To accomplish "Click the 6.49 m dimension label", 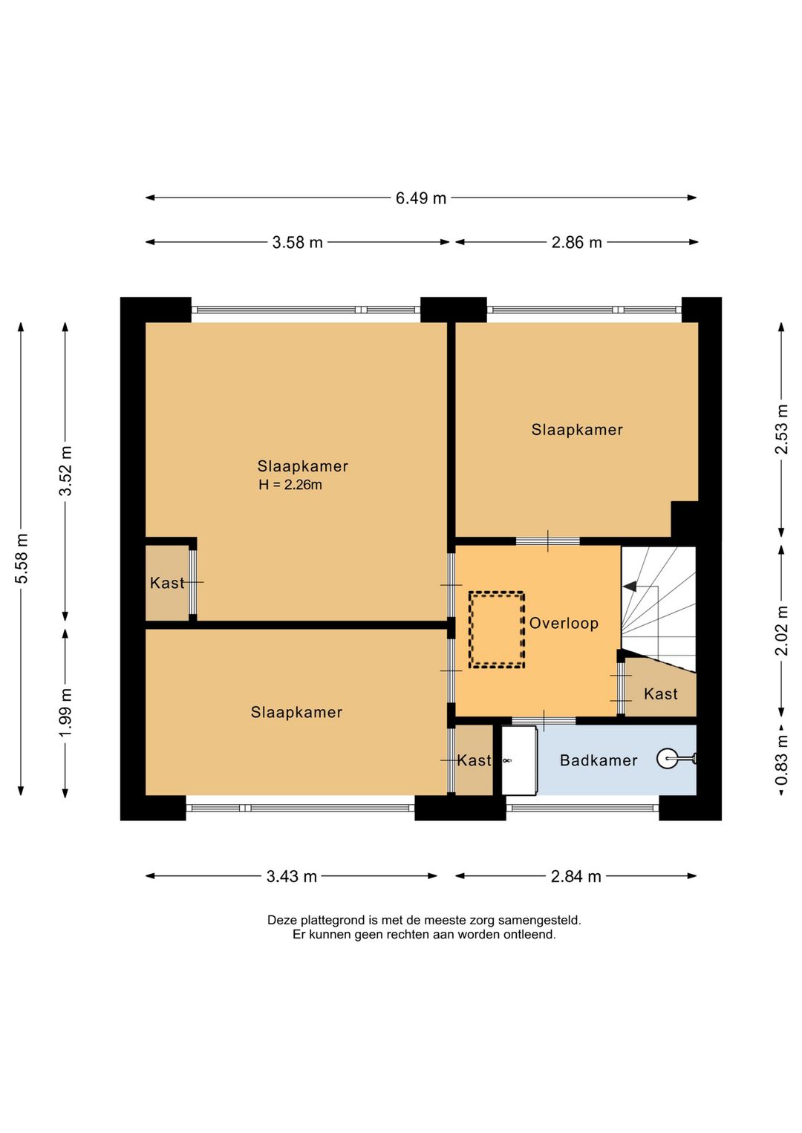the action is [x=420, y=197].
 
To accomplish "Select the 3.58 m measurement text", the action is [x=297, y=242].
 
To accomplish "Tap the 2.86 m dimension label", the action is [x=576, y=242].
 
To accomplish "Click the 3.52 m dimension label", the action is [x=66, y=471].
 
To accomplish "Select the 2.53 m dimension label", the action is [x=782, y=429].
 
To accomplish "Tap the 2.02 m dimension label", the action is [x=782, y=630].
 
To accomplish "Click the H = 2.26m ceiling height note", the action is [x=290, y=485].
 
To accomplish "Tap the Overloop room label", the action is [x=564, y=623].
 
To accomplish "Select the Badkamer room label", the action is [x=599, y=760].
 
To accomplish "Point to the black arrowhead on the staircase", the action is [x=630, y=587].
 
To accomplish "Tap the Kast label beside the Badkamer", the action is [x=474, y=760].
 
